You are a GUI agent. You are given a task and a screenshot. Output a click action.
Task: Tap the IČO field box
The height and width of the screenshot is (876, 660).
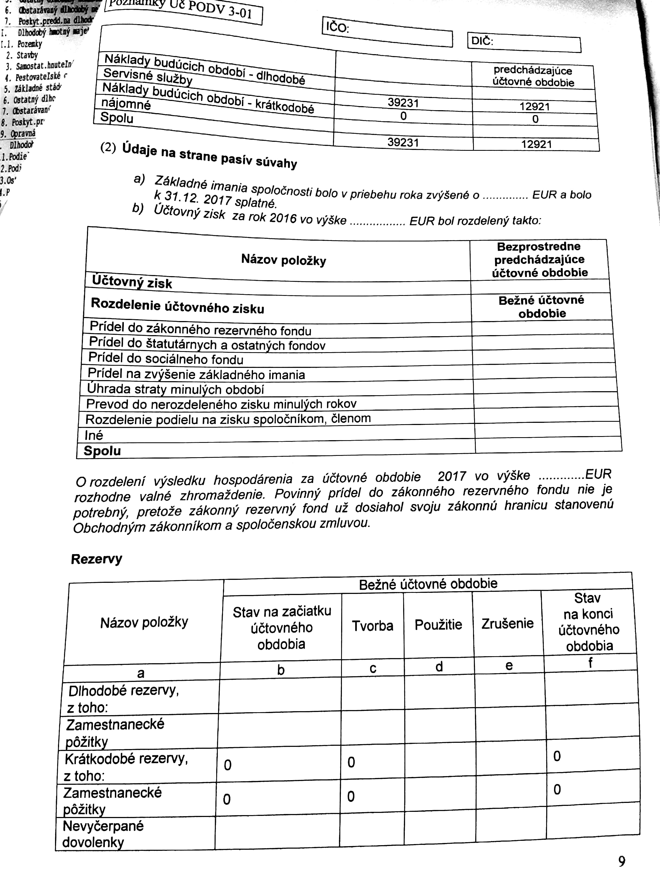pyautogui.click(x=387, y=32)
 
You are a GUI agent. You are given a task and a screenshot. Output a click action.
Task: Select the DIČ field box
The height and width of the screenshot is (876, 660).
pyautogui.click(x=524, y=43)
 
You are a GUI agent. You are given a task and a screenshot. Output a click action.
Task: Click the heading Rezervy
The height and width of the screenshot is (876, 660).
pyautogui.click(x=96, y=559)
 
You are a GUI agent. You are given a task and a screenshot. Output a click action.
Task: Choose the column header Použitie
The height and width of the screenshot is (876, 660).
pyautogui.click(x=438, y=625)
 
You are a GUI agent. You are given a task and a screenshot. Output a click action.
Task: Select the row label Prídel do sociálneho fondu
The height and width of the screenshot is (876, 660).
pyautogui.click(x=166, y=358)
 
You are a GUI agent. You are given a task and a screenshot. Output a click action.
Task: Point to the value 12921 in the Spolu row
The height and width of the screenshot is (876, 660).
pyautogui.click(x=536, y=144)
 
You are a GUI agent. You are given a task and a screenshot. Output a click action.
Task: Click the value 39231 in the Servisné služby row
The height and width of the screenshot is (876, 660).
pyautogui.click(x=403, y=103)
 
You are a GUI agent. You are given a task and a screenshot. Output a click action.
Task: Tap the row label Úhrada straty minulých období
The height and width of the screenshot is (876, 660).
pyautogui.click(x=176, y=389)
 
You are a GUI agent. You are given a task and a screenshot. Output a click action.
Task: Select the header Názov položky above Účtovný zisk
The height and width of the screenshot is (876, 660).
pyautogui.click(x=283, y=260)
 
